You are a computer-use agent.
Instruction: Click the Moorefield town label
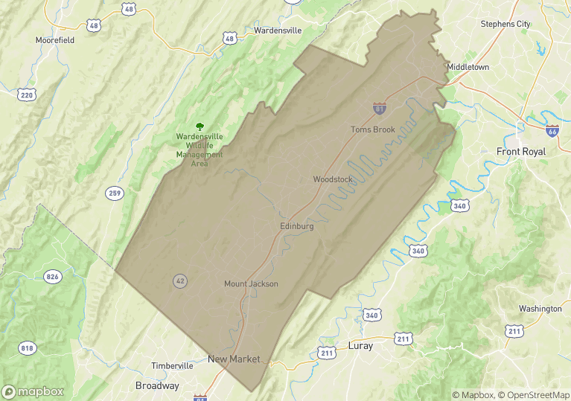tap(55, 40)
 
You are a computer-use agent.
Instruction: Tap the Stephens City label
tap(505, 24)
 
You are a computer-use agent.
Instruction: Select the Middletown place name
tap(468, 67)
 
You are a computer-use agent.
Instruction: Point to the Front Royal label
tap(521, 151)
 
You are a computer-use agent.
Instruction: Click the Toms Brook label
tap(373, 129)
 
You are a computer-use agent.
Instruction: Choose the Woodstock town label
tap(333, 179)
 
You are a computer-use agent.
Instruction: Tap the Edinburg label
tap(297, 225)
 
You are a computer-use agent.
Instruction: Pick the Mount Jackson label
tap(251, 283)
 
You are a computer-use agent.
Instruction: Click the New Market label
tap(234, 359)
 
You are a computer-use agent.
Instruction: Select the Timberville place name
tap(172, 366)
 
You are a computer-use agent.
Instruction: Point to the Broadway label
tap(157, 385)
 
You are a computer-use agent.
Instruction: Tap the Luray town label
tap(360, 346)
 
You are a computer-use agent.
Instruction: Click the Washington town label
tap(540, 309)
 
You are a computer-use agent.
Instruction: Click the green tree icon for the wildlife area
tap(199, 126)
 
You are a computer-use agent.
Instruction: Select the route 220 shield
tap(28, 95)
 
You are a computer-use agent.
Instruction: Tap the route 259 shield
tap(114, 193)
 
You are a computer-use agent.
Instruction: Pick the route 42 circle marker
tap(180, 280)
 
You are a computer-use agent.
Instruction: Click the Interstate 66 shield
tap(552, 131)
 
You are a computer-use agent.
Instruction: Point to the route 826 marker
tap(52, 277)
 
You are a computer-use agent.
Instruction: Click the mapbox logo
tap(33, 391)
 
